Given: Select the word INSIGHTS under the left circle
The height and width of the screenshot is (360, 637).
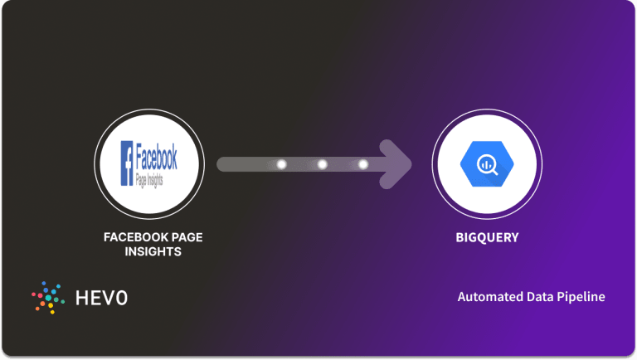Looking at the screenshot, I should click(153, 252).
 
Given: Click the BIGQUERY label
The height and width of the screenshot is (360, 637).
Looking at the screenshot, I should click(487, 238).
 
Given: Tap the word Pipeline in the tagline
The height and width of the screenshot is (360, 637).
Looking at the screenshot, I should click(581, 297).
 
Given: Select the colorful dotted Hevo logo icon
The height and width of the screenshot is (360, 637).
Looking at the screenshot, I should click(47, 297).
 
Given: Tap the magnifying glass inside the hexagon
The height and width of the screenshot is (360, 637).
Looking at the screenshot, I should click(487, 163).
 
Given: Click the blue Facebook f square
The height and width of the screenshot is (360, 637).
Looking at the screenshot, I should click(128, 163).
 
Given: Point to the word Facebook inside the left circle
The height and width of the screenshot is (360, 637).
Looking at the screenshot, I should click(156, 154).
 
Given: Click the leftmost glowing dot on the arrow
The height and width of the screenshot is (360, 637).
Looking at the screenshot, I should click(281, 164).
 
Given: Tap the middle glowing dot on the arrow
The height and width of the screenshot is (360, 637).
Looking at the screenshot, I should click(323, 164).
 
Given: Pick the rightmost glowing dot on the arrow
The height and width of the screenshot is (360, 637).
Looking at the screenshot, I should click(363, 164).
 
